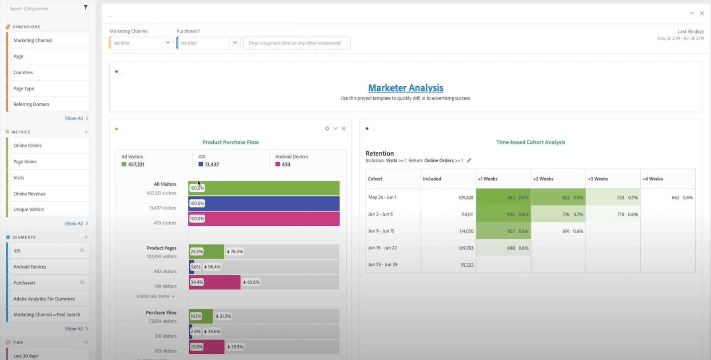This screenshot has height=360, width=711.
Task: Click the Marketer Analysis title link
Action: tap(406, 88)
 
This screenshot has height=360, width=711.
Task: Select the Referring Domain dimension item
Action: tap(31, 104)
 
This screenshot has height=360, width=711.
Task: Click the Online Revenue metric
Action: tap(29, 194)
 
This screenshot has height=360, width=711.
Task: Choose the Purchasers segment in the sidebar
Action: tap(24, 283)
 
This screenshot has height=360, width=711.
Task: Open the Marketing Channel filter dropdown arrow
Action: tap(168, 43)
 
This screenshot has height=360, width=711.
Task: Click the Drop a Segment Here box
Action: tap(296, 43)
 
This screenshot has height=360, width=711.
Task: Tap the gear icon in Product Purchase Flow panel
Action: tap(327, 128)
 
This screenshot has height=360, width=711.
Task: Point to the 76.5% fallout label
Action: tap(235, 252)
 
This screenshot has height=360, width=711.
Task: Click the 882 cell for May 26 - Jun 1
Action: tap(511, 198)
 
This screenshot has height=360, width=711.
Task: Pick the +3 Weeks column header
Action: tap(598, 179)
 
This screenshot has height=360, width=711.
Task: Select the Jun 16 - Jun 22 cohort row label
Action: tap(382, 248)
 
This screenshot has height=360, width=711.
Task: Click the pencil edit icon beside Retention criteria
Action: tap(469, 160)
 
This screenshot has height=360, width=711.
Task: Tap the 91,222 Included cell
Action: tap(467, 265)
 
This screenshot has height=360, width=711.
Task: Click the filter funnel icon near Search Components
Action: tap(86, 8)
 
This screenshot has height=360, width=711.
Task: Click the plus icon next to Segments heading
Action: tap(86, 237)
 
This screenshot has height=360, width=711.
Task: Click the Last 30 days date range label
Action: tap(690, 32)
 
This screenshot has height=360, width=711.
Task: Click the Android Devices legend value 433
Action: tap(286, 164)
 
